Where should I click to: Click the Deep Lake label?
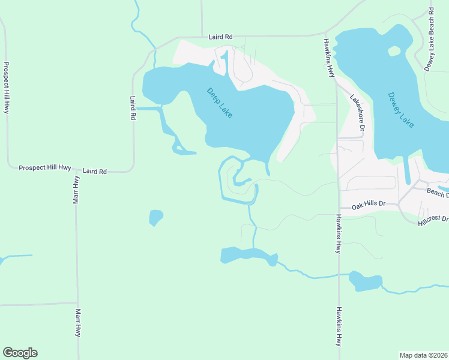219,103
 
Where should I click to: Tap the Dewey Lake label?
400,109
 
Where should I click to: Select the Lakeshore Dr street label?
358,113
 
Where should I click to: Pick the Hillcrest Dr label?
433,220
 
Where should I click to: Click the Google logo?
20,353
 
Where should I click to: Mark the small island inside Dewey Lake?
394,51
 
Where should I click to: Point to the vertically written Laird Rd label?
133,109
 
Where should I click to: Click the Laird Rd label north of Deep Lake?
220,37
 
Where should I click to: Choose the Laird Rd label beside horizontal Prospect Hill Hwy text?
95,172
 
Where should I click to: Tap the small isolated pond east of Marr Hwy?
155,217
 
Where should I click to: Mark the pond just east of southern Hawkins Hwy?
365,281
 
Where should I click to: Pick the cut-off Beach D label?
437,192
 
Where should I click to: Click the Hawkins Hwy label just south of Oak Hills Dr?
339,234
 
